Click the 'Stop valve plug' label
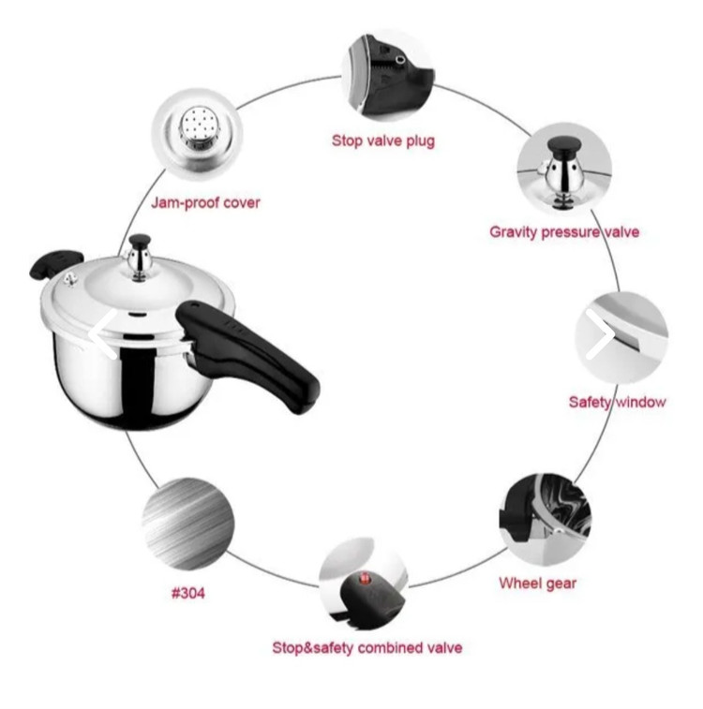[x=383, y=141]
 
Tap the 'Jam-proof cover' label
[x=206, y=203]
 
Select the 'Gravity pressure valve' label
[x=564, y=232]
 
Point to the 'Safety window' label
[x=617, y=402]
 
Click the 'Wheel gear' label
[x=537, y=583]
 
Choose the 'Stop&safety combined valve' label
[x=366, y=647]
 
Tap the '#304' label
[x=188, y=593]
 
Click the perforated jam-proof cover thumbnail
[x=197, y=133]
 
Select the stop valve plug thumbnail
[x=388, y=76]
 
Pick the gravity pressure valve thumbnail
[x=564, y=170]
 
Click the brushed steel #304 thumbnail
[x=188, y=524]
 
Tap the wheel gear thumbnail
[x=545, y=519]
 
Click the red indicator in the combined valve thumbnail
[x=364, y=578]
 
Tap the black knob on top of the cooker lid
[x=139, y=240]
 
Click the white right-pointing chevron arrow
[x=601, y=334]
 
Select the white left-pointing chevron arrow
[x=103, y=334]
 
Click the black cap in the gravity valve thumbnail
[x=564, y=146]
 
